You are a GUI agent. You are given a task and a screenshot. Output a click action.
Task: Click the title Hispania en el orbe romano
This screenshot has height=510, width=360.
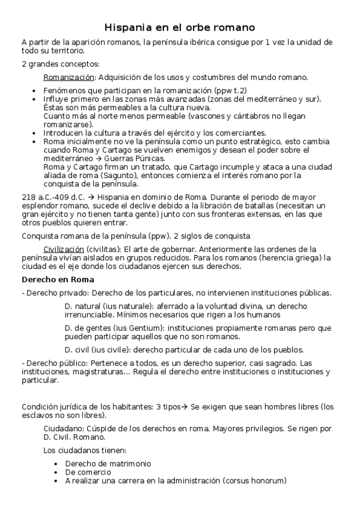(x=180, y=28)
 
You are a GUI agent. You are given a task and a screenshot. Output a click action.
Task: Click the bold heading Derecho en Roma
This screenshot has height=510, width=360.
(x=58, y=280)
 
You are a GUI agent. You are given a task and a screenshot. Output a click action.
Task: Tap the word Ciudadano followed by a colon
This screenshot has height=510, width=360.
(x=66, y=428)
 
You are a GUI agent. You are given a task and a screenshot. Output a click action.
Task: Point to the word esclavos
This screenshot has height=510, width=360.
(x=38, y=415)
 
